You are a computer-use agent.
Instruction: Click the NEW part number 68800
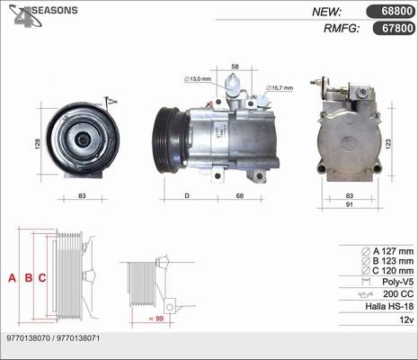pyautogui.click(x=388, y=12)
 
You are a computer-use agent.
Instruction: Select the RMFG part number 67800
pyautogui.click(x=388, y=29)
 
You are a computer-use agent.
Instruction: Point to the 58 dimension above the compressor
pyautogui.click(x=235, y=67)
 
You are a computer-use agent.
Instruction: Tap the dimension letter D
pyautogui.click(x=186, y=195)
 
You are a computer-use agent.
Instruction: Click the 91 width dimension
pyautogui.click(x=350, y=204)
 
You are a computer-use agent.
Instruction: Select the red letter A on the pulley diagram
pyautogui.click(x=13, y=278)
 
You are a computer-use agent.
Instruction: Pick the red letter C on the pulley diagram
pyautogui.click(x=42, y=278)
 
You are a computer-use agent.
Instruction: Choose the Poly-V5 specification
pyautogui.click(x=395, y=280)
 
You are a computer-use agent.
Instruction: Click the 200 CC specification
pyautogui.click(x=396, y=293)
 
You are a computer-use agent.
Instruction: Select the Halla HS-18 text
pyautogui.click(x=388, y=307)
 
